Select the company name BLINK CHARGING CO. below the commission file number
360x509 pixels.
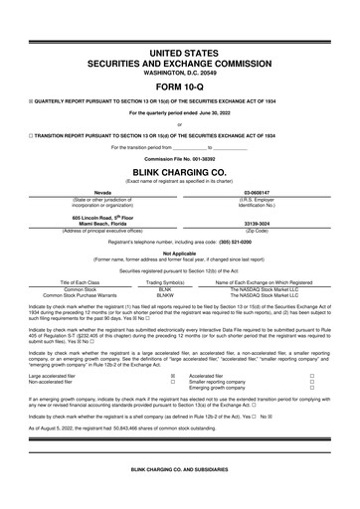click(179, 170)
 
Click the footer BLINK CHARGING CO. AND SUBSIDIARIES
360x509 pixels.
click(179, 496)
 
